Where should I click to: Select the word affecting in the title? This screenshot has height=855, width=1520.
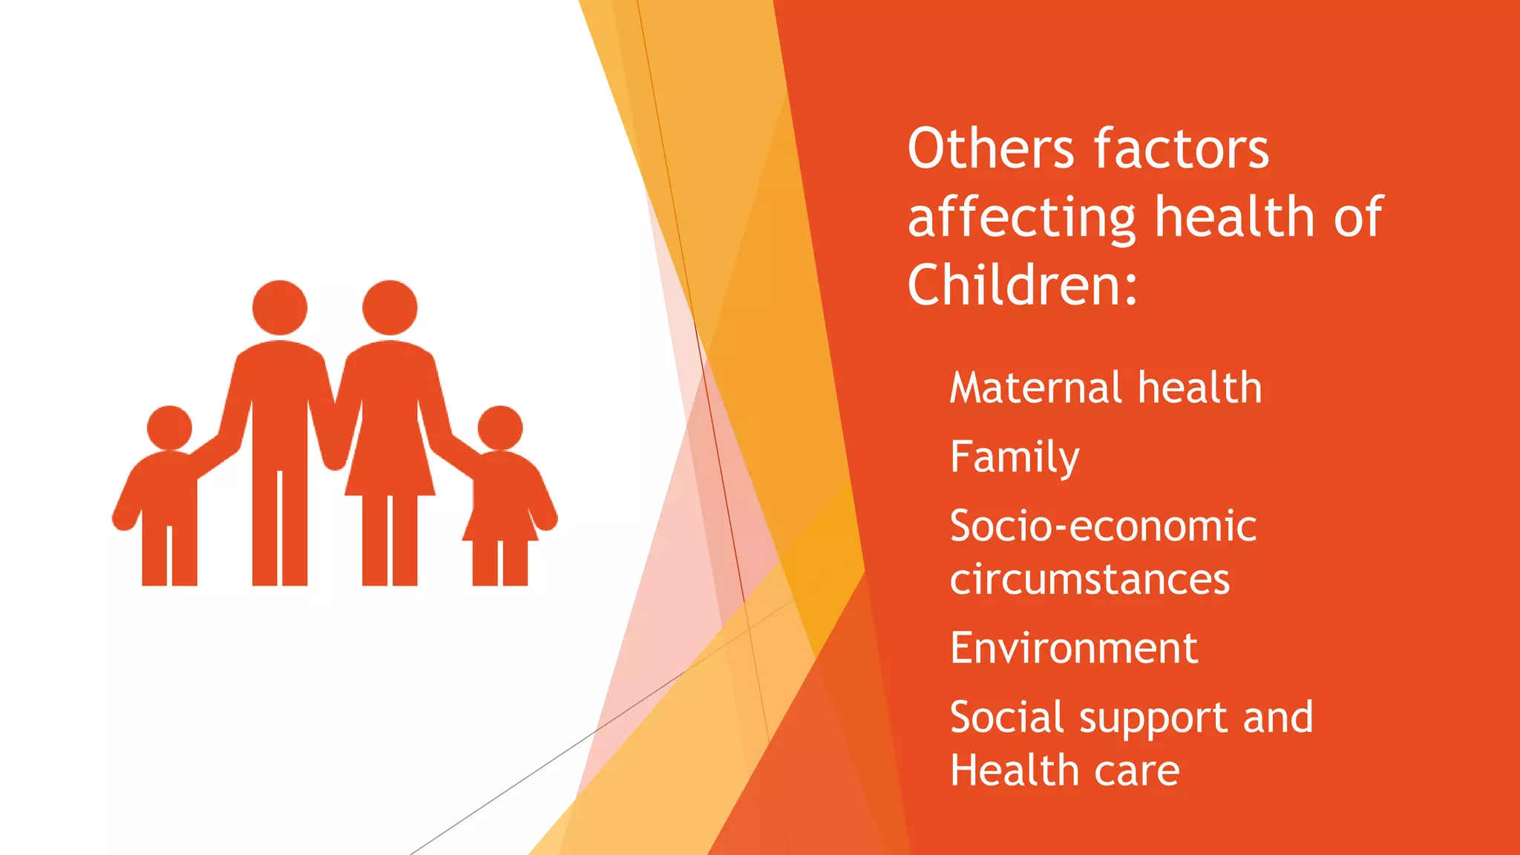coord(1021,218)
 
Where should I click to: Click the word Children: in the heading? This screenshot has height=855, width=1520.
coord(1022,285)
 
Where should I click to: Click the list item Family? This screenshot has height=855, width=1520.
coord(1015,457)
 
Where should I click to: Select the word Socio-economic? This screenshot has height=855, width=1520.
coord(1103,526)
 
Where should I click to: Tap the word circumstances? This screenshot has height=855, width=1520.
coord(1090,580)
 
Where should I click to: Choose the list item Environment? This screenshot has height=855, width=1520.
coord(1074,648)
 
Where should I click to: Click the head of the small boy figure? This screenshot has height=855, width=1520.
coord(169,427)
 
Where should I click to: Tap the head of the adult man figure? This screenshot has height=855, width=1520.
coord(280,307)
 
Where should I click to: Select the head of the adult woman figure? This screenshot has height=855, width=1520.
coord(390,307)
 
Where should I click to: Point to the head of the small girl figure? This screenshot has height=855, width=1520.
coord(500,427)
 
